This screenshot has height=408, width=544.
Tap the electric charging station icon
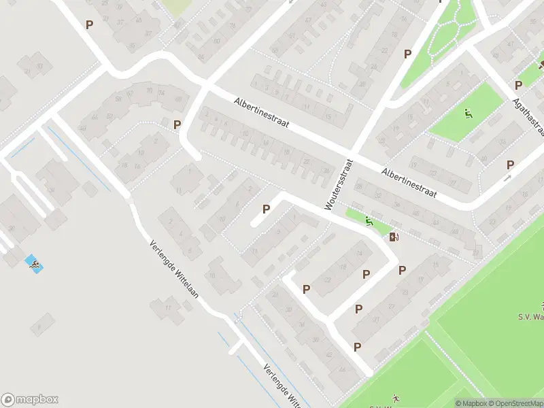[x=394, y=237]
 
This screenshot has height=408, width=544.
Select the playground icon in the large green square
[x=468, y=113]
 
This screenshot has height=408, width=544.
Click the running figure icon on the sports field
[x=395, y=398]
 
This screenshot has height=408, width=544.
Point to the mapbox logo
[x=29, y=399]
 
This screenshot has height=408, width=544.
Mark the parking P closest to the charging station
[x=402, y=270]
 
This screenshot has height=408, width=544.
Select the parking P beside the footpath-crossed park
[x=408, y=54]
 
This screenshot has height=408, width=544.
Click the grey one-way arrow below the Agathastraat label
[x=507, y=178]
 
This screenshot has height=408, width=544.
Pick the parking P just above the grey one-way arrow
[x=510, y=165]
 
